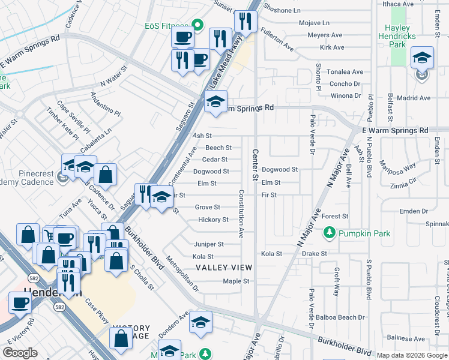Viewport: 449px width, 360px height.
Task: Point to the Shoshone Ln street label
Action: pos(297,10)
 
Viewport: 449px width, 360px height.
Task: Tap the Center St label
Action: pos(255,165)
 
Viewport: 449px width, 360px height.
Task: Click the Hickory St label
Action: pos(213,220)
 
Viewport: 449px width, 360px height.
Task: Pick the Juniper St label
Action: pos(208,244)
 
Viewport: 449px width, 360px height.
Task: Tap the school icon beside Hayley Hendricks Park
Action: pos(422,58)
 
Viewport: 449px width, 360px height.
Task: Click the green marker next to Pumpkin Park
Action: pos(329,232)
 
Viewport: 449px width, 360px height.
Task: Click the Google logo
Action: pos(20,353)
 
